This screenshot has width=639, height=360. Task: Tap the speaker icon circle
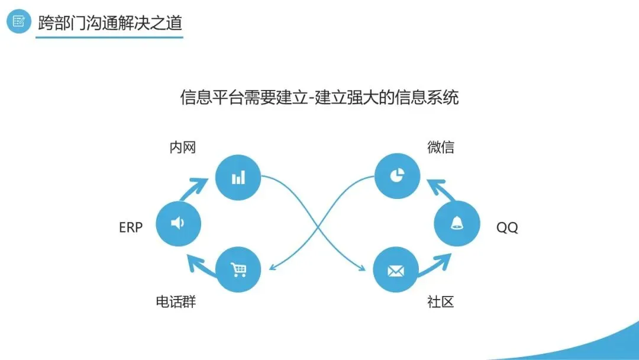(179, 223)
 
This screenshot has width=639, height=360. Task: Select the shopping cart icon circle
(238, 270)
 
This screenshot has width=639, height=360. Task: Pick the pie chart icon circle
(397, 176)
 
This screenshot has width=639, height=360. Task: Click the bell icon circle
(456, 223)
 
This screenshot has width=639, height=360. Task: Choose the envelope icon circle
(395, 270)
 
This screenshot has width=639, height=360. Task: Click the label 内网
(182, 147)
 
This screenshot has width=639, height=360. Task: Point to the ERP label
(131, 227)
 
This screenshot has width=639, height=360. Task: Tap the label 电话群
(176, 302)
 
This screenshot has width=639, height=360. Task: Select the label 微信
(441, 147)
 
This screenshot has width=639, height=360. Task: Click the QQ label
(507, 227)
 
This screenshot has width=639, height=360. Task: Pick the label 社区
(441, 302)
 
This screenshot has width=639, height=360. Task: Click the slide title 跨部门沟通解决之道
(109, 23)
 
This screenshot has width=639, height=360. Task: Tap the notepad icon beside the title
(19, 22)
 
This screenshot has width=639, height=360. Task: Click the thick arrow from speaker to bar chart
(193, 189)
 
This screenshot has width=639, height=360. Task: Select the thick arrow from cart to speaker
(200, 265)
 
